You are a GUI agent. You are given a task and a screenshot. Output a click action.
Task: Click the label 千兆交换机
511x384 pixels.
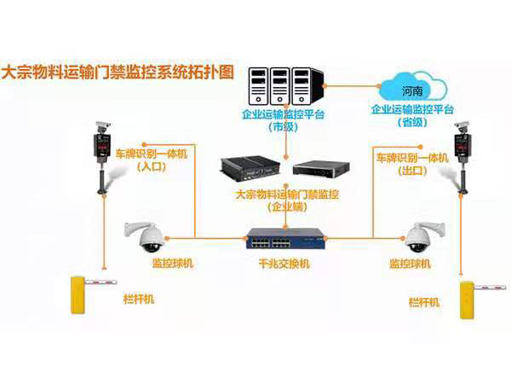(x=285, y=264)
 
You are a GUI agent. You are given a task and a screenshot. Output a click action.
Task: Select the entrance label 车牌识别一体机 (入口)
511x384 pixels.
(x=148, y=161)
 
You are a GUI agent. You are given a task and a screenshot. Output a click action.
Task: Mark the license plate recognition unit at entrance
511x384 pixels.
(x=103, y=154)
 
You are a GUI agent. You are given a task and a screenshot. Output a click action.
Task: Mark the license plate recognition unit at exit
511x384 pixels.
(x=462, y=154)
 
